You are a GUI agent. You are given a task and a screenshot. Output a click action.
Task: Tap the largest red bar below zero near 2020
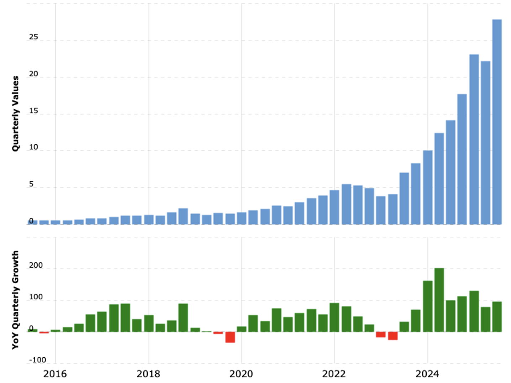tap(230, 337)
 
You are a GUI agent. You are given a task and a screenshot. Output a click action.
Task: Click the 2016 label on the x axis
tap(55, 374)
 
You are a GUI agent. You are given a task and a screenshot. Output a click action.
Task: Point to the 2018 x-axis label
tap(148, 374)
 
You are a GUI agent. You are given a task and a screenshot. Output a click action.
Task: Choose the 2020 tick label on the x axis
tap(241, 374)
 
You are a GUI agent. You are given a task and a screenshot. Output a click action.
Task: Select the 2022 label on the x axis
tap(334, 374)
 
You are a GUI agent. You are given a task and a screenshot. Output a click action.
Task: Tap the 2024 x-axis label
tap(427, 374)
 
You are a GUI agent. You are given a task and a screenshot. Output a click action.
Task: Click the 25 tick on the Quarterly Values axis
tap(33, 37)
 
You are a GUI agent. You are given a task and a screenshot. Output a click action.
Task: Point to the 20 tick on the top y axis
tap(33, 74)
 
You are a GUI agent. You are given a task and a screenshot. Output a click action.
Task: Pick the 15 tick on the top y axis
tap(33, 111)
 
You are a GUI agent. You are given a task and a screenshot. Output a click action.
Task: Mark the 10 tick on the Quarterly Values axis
tap(33, 147)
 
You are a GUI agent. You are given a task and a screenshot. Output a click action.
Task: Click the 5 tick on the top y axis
tap(31, 184)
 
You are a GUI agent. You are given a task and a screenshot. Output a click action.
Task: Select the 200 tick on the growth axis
tap(36, 265)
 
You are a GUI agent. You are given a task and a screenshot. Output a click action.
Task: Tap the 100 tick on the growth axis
tap(36, 297)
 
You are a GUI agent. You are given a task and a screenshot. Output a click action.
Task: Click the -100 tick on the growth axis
tap(37, 360)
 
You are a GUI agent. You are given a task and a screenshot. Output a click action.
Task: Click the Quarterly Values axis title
tap(15, 114)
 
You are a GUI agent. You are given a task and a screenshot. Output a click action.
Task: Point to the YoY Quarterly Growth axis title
tap(15, 300)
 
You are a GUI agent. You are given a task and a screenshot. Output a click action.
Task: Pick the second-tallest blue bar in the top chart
tap(474, 139)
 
